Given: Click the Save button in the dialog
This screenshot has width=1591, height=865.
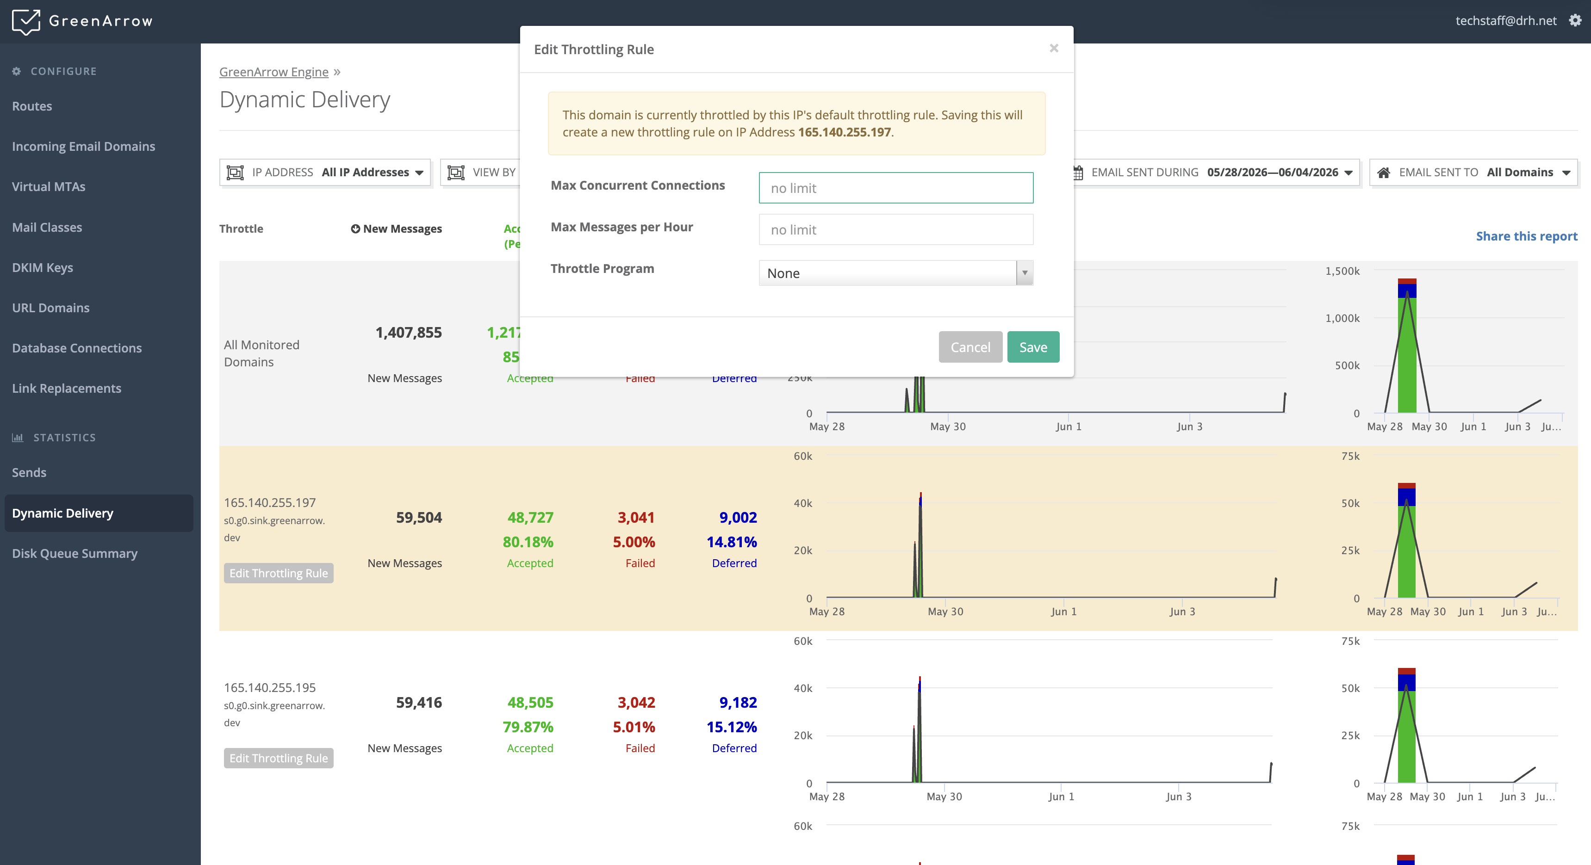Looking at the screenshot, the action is click(x=1032, y=347).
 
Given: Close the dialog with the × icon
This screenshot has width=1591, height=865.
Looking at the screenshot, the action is click(x=1054, y=48).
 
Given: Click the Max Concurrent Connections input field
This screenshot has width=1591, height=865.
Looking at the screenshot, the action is click(x=895, y=188).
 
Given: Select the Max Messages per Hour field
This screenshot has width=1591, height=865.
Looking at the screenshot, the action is click(x=895, y=230).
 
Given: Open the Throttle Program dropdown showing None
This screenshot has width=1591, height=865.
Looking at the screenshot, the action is click(x=895, y=273).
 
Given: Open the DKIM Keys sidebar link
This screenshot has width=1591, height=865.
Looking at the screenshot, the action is click(x=43, y=267).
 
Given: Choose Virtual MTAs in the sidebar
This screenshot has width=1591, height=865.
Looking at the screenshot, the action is click(x=49, y=186).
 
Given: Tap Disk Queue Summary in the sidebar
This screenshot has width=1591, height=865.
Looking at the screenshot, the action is click(x=75, y=553).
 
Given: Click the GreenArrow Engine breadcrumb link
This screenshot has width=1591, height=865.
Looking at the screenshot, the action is click(x=273, y=72).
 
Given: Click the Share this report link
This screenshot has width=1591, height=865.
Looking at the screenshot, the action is click(x=1526, y=236).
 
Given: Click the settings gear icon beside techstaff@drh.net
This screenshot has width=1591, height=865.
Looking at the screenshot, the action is click(x=1575, y=20).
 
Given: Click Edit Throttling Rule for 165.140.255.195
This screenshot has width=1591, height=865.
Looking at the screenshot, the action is click(x=279, y=758).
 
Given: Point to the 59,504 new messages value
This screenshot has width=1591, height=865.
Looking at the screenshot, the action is click(x=419, y=518).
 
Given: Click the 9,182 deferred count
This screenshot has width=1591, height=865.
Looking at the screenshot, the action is click(x=738, y=703).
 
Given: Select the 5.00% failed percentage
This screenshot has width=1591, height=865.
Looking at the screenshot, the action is click(x=634, y=542).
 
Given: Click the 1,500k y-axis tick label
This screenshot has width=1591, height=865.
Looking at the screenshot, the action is click(x=1342, y=271).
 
